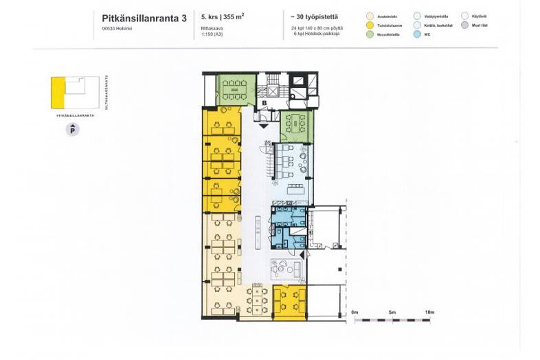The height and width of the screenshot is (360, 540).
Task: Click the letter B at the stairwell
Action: [265, 103]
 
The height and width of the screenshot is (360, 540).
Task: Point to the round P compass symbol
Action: [70, 129]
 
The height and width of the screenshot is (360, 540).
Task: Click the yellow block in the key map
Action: [58, 93]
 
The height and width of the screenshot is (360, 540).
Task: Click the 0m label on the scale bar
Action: [355, 313]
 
